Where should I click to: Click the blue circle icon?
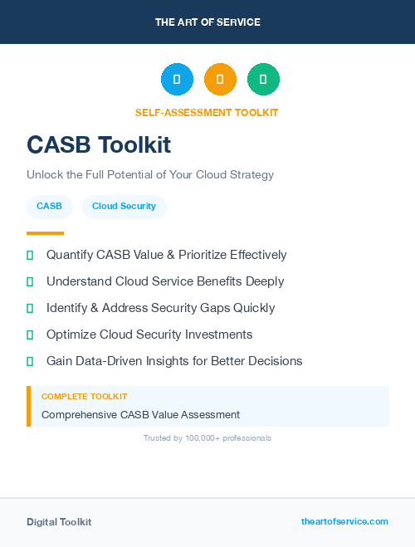pyautogui.click(x=177, y=80)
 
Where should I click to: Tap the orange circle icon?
pyautogui.click(x=220, y=80)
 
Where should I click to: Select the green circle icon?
pyautogui.click(x=263, y=80)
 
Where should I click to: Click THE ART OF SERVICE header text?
pyautogui.click(x=207, y=22)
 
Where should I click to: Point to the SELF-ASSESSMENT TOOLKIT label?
pyautogui.click(x=207, y=112)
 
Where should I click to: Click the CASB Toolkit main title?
pyautogui.click(x=99, y=145)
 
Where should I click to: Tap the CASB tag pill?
pyautogui.click(x=49, y=206)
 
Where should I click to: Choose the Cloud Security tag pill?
pyautogui.click(x=124, y=206)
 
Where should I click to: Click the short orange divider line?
pyautogui.click(x=45, y=233)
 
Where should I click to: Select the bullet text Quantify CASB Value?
pyautogui.click(x=166, y=255)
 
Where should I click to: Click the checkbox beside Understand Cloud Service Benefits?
pyautogui.click(x=30, y=282)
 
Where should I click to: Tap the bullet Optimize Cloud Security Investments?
pyautogui.click(x=149, y=335)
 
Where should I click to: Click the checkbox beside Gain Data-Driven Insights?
pyautogui.click(x=30, y=362)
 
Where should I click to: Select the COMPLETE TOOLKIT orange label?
pyautogui.click(x=84, y=397)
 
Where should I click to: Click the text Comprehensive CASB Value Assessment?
pyautogui.click(x=140, y=414)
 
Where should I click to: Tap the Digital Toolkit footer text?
pyautogui.click(x=59, y=522)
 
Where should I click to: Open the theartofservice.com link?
pyautogui.click(x=344, y=521)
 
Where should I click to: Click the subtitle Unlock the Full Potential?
pyautogui.click(x=149, y=175)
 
